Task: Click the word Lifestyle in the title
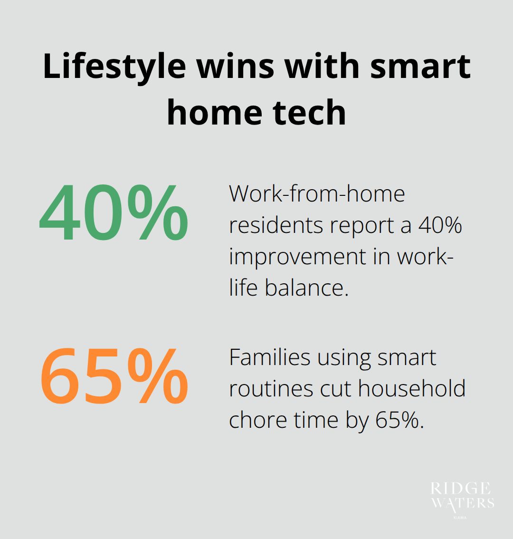pyautogui.click(x=114, y=67)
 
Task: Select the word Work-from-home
pyautogui.click(x=317, y=194)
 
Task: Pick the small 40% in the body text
pyautogui.click(x=440, y=225)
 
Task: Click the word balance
pyautogui.click(x=306, y=288)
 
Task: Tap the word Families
pyautogui.click(x=270, y=357)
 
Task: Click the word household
pyautogui.click(x=412, y=389)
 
